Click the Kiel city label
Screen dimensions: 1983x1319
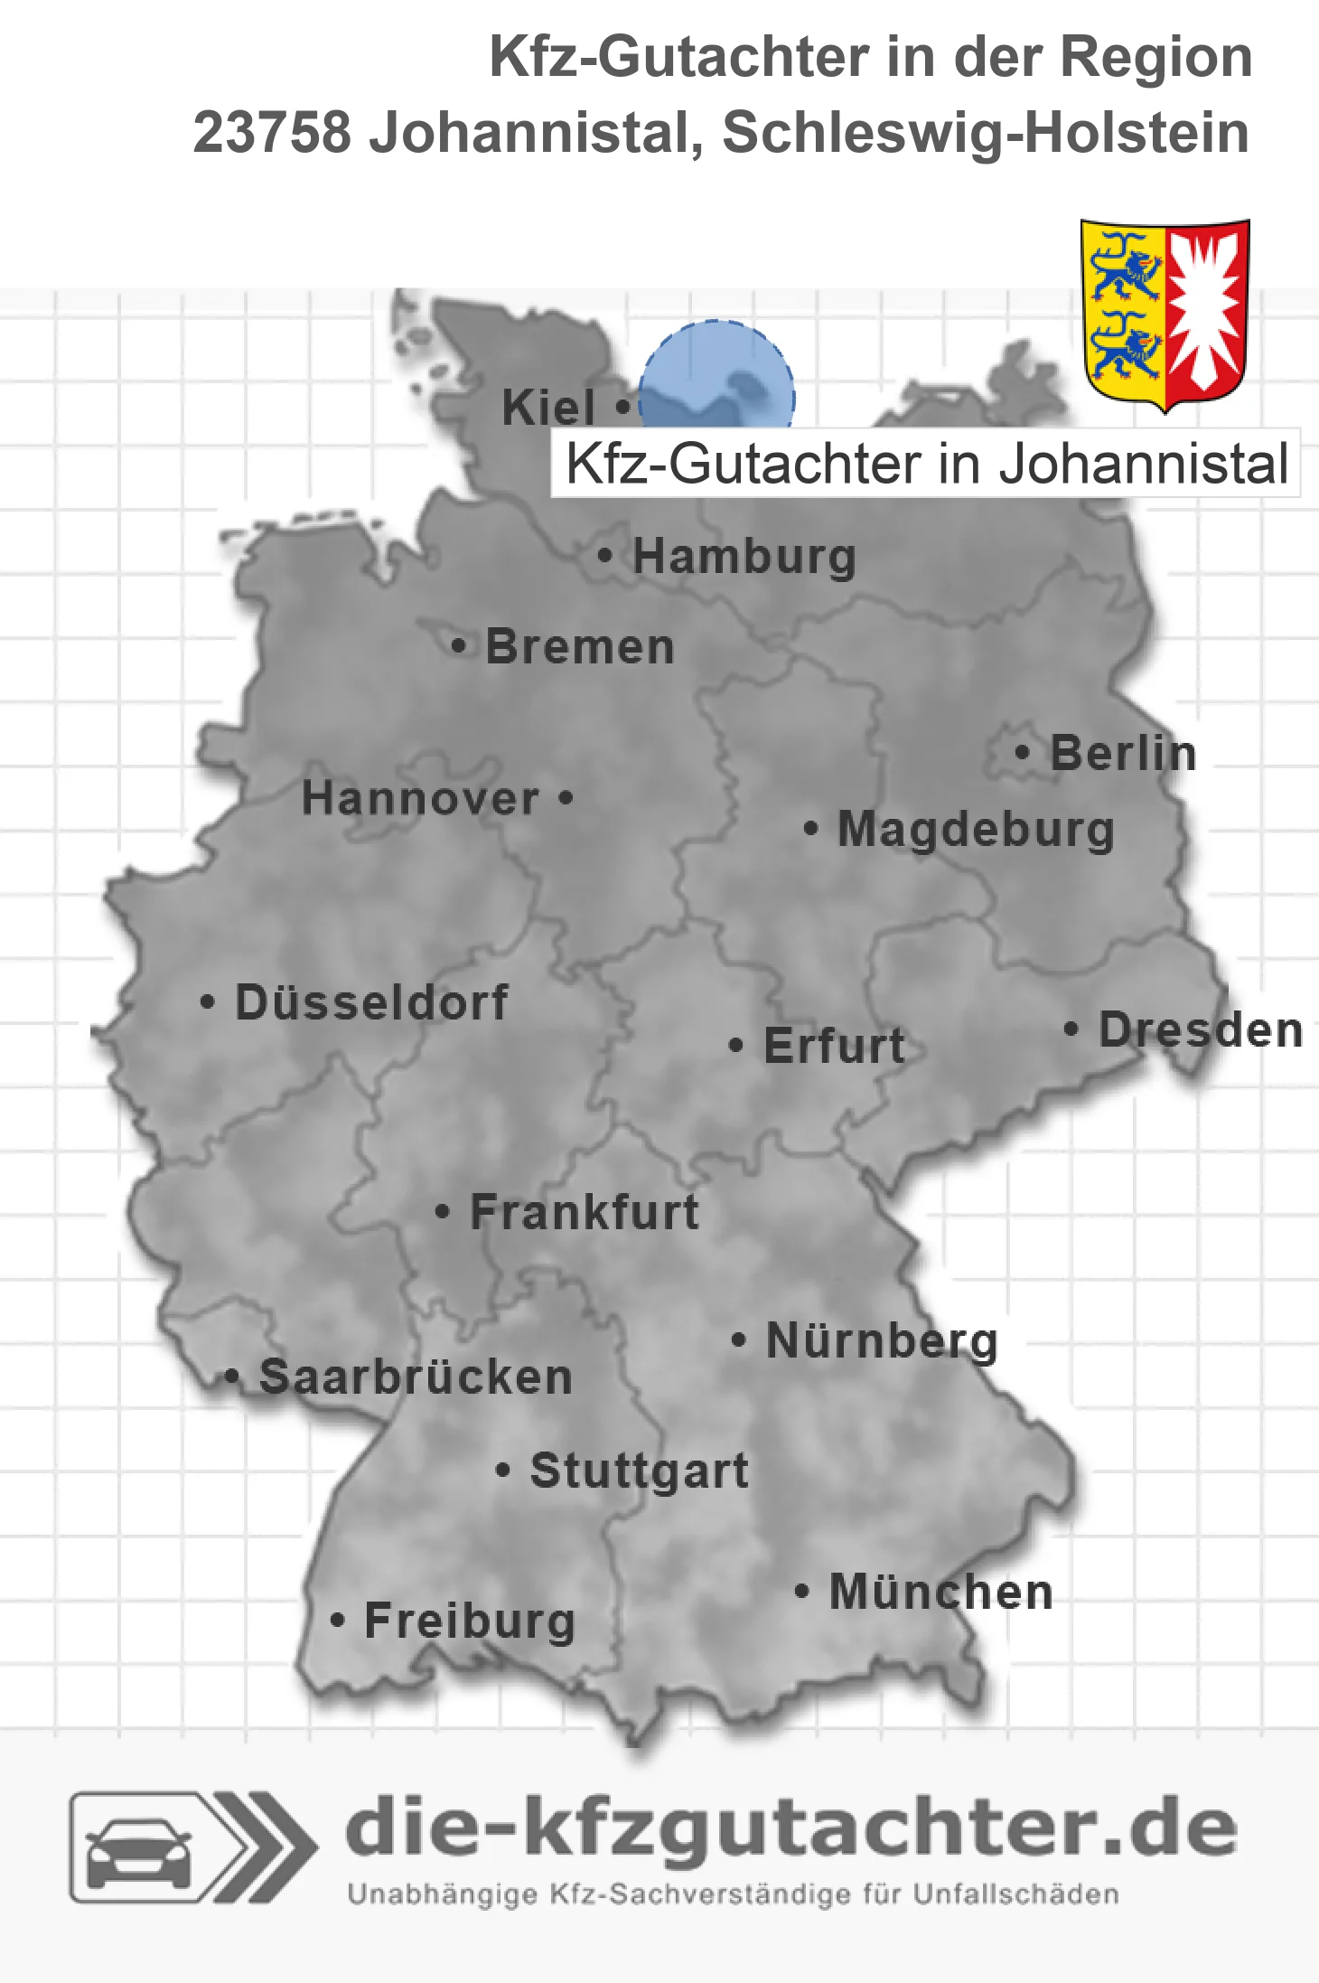click(547, 408)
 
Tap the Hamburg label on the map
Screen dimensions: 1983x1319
click(744, 556)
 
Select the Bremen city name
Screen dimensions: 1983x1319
click(580, 647)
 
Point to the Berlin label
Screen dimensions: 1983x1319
click(1123, 753)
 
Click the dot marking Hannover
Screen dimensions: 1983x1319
click(566, 798)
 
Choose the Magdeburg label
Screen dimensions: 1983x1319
click(976, 829)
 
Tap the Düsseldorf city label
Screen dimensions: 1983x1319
click(371, 1002)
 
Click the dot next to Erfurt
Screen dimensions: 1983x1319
click(736, 1046)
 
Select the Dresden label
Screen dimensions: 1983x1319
click(1201, 1029)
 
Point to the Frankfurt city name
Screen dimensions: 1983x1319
click(585, 1212)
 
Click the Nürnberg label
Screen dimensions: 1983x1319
click(882, 1340)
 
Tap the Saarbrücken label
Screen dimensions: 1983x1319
click(416, 1377)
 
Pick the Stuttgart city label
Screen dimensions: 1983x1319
click(640, 1471)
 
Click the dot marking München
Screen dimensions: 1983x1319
click(801, 1591)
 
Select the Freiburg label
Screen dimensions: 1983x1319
click(470, 1621)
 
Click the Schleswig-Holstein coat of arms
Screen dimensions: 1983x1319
click(1165, 314)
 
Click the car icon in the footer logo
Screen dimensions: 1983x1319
click(138, 1853)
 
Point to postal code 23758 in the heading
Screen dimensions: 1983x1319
click(271, 133)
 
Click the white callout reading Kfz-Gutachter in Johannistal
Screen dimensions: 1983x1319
click(925, 464)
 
